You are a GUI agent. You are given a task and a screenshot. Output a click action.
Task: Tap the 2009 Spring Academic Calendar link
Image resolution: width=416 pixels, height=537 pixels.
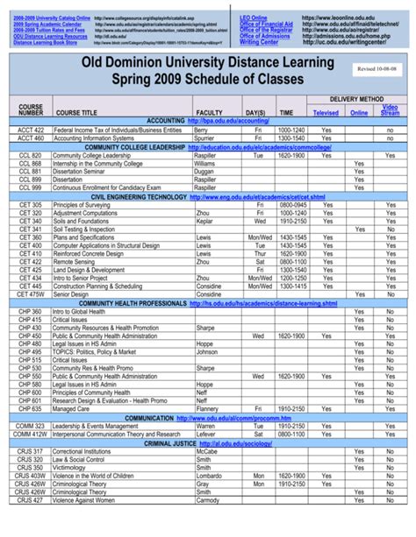coord(44,23)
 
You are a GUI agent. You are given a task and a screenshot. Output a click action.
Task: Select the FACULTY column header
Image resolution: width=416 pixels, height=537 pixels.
coord(209,113)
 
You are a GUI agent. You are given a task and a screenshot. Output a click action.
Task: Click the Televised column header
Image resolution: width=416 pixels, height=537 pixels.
coord(326,113)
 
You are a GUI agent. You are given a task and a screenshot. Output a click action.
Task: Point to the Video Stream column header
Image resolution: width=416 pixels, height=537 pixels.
coord(390,110)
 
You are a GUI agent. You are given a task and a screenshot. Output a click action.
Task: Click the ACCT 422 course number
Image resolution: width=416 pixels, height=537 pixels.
coord(30,129)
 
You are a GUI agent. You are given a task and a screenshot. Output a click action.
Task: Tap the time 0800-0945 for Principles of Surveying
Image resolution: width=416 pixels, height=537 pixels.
coord(292,204)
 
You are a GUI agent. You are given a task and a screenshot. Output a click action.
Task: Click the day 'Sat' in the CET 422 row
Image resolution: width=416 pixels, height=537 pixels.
coord(259,261)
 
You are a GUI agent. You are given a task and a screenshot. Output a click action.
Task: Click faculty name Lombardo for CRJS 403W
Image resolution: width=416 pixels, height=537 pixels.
coord(210,476)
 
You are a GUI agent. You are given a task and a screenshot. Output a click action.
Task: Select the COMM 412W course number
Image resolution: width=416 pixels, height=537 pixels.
coord(30,435)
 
